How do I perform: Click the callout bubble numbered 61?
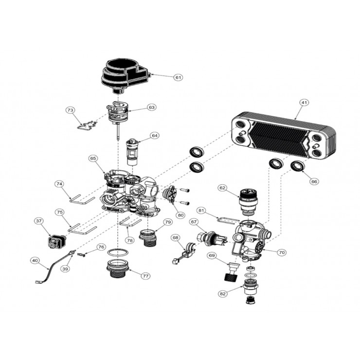click(x=178, y=78)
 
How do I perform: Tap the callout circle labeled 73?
click(x=70, y=110)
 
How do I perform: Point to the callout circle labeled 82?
click(x=223, y=294)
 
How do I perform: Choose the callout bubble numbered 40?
click(x=35, y=261)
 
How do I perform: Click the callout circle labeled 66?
click(x=314, y=181)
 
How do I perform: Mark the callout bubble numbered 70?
click(x=282, y=252)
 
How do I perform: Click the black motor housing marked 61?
click(x=126, y=75)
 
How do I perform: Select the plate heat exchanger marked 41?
click(x=284, y=135)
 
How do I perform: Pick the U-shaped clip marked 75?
click(x=82, y=230)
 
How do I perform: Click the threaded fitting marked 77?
click(x=118, y=269)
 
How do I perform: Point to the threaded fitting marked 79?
click(x=148, y=238)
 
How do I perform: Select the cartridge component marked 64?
click(x=132, y=152)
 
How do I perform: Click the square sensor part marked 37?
click(x=56, y=241)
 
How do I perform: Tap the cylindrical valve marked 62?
click(x=249, y=201)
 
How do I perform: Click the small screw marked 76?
click(x=81, y=254)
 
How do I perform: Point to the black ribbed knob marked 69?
click(x=232, y=272)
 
